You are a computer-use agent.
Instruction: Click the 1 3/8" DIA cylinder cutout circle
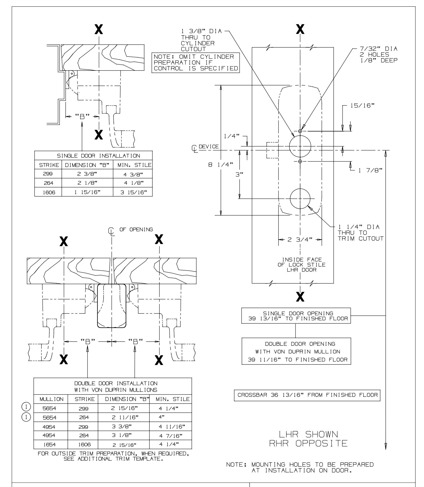pyautogui.click(x=300, y=146)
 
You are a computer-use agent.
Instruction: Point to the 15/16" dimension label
pyautogui.click(x=362, y=105)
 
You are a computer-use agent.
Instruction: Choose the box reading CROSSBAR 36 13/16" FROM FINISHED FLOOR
pyautogui.click(x=307, y=395)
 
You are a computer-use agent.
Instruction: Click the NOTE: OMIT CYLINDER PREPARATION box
pyautogui.click(x=196, y=63)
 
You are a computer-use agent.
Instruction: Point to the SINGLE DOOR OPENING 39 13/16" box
pyautogui.click(x=296, y=316)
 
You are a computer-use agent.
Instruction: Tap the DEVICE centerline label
pyautogui.click(x=208, y=147)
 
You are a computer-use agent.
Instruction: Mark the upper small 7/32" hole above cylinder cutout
pyautogui.click(x=300, y=131)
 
